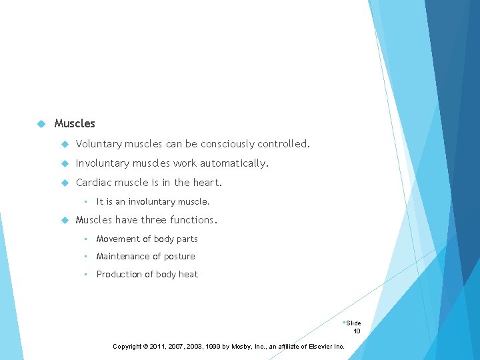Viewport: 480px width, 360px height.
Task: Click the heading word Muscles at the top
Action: [75, 123]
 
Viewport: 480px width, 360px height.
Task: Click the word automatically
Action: [234, 163]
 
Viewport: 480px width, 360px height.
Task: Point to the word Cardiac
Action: [93, 183]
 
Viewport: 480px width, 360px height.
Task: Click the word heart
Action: [207, 183]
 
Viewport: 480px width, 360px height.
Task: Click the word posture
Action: [178, 257]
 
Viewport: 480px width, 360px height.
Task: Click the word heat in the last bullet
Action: [189, 275]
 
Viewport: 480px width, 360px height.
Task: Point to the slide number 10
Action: [357, 331]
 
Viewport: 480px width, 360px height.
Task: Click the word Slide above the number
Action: [353, 323]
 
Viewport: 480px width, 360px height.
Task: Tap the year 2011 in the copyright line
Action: [163, 347]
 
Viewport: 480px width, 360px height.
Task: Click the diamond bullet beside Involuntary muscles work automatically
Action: [65, 163]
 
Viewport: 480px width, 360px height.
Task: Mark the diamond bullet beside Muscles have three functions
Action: [65, 220]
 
